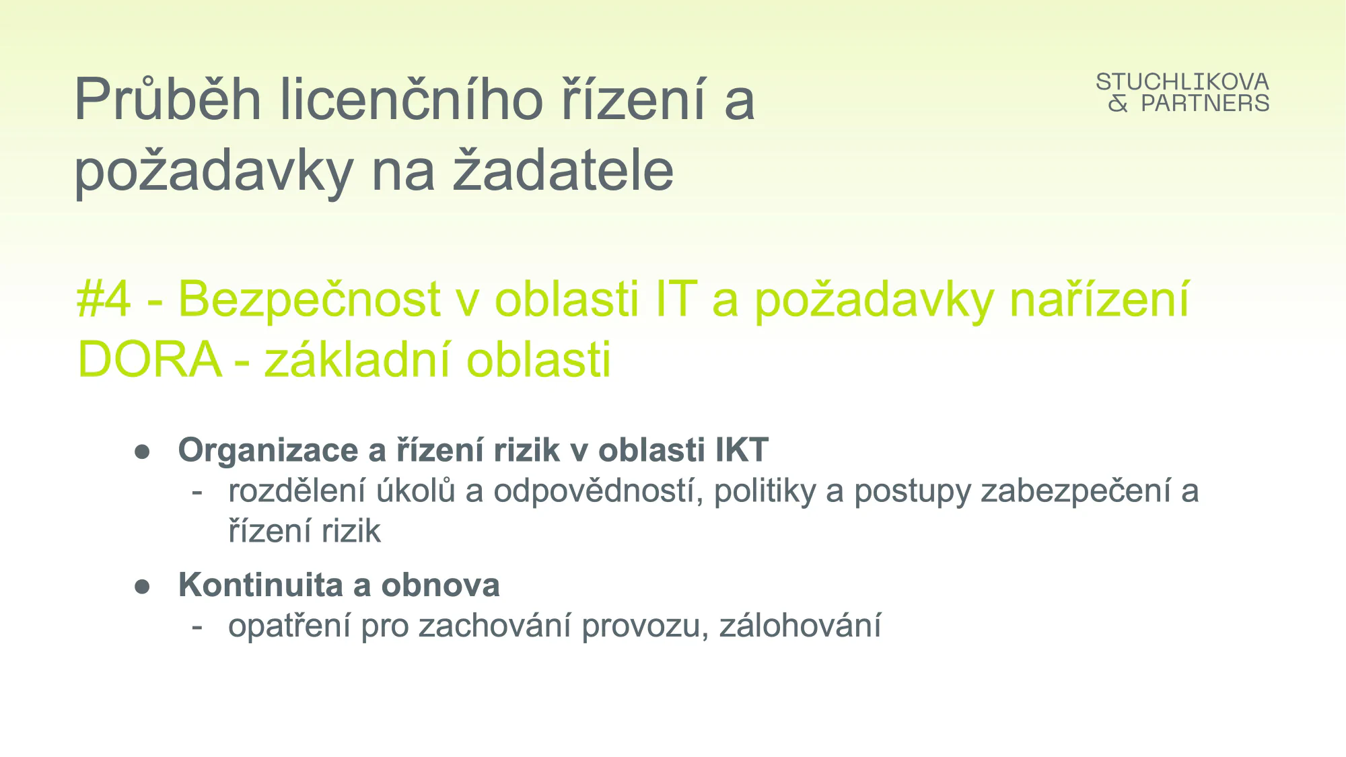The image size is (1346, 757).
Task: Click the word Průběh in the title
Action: click(168, 99)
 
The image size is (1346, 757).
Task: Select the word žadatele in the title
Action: click(563, 170)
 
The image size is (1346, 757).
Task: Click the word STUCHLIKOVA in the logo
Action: click(1182, 82)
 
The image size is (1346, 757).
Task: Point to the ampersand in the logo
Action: click(1118, 103)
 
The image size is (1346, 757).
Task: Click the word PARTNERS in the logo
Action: click(1205, 103)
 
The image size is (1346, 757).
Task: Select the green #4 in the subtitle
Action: click(104, 298)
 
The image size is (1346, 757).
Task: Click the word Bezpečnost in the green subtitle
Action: click(309, 299)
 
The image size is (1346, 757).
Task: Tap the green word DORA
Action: click(149, 359)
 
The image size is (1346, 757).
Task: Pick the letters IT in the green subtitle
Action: click(675, 299)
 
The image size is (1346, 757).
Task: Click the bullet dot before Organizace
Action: click(142, 452)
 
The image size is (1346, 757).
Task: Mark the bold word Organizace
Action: click(269, 450)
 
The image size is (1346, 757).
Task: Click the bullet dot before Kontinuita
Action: click(142, 586)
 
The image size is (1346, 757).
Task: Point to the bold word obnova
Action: click(440, 585)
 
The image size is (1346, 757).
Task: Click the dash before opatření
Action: click(197, 627)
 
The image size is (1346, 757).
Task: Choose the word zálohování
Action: click(800, 625)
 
